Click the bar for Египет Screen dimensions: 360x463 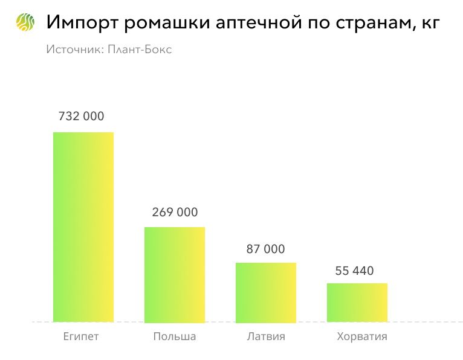tap(83, 227)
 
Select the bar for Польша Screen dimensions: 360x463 tap(174, 274)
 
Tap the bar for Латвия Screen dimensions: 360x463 tap(265, 292)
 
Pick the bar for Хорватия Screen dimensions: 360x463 tap(357, 302)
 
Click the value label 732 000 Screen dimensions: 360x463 tap(81, 117)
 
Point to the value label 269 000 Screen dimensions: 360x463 tap(174, 212)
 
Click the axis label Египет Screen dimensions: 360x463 tap(81, 336)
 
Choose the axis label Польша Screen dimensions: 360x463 tap(175, 336)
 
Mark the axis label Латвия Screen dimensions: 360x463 tap(266, 336)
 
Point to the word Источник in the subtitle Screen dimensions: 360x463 tap(74, 50)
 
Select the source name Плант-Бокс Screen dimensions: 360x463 tap(140, 50)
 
